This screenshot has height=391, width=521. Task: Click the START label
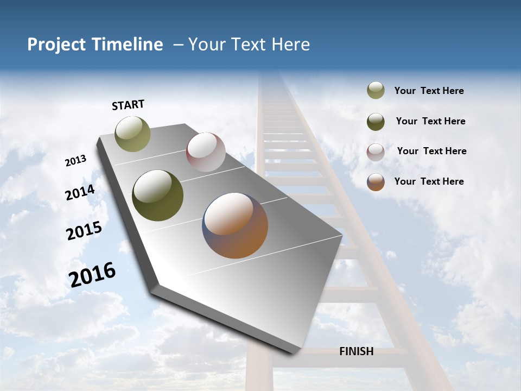pos(128,105)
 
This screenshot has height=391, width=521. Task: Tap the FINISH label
pos(356,351)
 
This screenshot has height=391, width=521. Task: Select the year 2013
pos(75,161)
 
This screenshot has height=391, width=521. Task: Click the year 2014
pos(80,193)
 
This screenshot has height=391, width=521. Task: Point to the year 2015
pos(84,231)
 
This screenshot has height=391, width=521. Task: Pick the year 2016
pos(92,275)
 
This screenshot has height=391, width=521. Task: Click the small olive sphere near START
pos(132,134)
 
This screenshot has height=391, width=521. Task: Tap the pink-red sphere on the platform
pos(206,152)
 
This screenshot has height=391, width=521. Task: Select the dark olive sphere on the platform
pos(157,195)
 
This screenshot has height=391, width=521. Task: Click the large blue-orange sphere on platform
pos(235,225)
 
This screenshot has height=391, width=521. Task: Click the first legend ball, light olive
pos(376,91)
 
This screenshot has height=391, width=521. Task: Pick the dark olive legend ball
pos(376,122)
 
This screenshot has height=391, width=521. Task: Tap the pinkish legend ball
pos(376,152)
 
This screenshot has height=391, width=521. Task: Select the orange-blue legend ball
pos(376,182)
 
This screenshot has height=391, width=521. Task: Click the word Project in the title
pos(56,45)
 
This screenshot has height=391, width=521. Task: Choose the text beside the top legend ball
pos(429,91)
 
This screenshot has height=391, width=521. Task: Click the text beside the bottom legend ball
pos(429,181)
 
